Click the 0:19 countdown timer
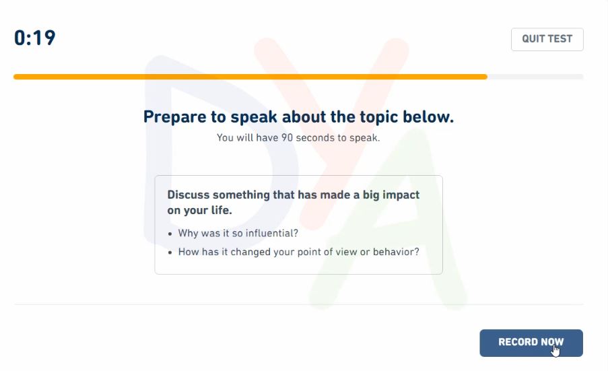(x=35, y=38)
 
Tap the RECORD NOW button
(x=531, y=343)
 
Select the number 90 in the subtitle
(x=287, y=137)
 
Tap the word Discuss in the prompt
(x=189, y=195)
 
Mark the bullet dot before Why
(x=170, y=234)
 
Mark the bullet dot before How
(x=170, y=252)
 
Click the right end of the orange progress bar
(x=486, y=77)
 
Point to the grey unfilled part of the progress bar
(x=535, y=77)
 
